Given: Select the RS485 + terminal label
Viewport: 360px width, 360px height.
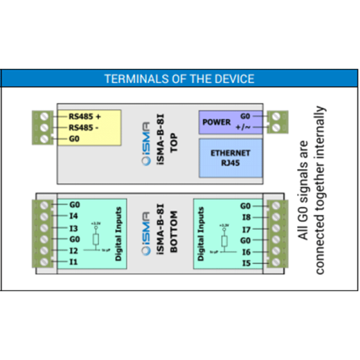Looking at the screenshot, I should tap(85, 116).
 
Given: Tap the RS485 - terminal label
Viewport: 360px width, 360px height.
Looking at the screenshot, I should tap(83, 128).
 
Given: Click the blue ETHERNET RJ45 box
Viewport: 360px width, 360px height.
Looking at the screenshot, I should tap(230, 157).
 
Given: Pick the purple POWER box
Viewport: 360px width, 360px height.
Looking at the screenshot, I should tap(217, 122).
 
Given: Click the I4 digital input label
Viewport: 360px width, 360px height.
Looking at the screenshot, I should tap(74, 215).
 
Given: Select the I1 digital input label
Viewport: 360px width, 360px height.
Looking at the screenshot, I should tap(74, 262).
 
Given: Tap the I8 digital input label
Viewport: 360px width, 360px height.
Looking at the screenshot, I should tap(246, 217).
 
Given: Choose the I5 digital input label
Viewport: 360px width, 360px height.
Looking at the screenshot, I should tap(246, 263).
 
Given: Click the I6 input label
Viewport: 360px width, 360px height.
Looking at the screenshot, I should tap(246, 252).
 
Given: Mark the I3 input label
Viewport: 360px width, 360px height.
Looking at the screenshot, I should tap(74, 228).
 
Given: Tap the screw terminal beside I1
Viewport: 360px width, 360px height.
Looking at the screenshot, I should tap(44, 262).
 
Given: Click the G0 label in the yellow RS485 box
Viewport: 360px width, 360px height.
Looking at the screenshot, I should tap(75, 139).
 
